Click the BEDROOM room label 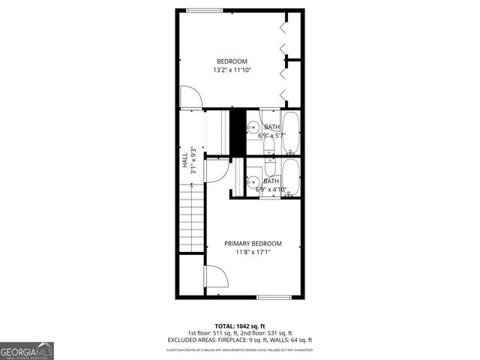pyautogui.click(x=232, y=61)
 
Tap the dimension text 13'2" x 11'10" pyautogui.click(x=232, y=70)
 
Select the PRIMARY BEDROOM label pyautogui.click(x=253, y=244)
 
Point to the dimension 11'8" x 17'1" pyautogui.click(x=253, y=253)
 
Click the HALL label pyautogui.click(x=184, y=160)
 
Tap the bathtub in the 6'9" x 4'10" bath pyautogui.click(x=291, y=178)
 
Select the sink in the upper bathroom pyautogui.click(x=253, y=127)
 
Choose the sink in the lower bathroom pyautogui.click(x=253, y=181)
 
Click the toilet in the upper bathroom pyautogui.click(x=270, y=147)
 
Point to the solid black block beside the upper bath pyautogui.click(x=237, y=129)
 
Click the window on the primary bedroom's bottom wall pyautogui.click(x=273, y=298)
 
